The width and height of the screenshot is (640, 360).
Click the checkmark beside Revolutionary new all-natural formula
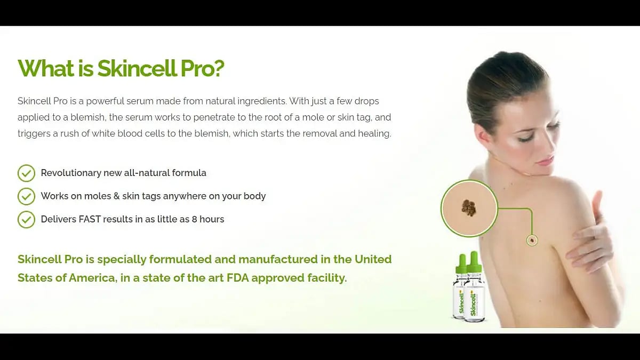coord(26,173)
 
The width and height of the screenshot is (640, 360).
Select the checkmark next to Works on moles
coord(26,196)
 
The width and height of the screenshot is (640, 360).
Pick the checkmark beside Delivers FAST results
coord(26,219)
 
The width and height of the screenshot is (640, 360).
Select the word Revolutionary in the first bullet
coord(71,173)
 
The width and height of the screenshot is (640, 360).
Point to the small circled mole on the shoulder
coord(532,241)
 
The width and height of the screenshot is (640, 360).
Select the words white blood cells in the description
coord(128,133)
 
